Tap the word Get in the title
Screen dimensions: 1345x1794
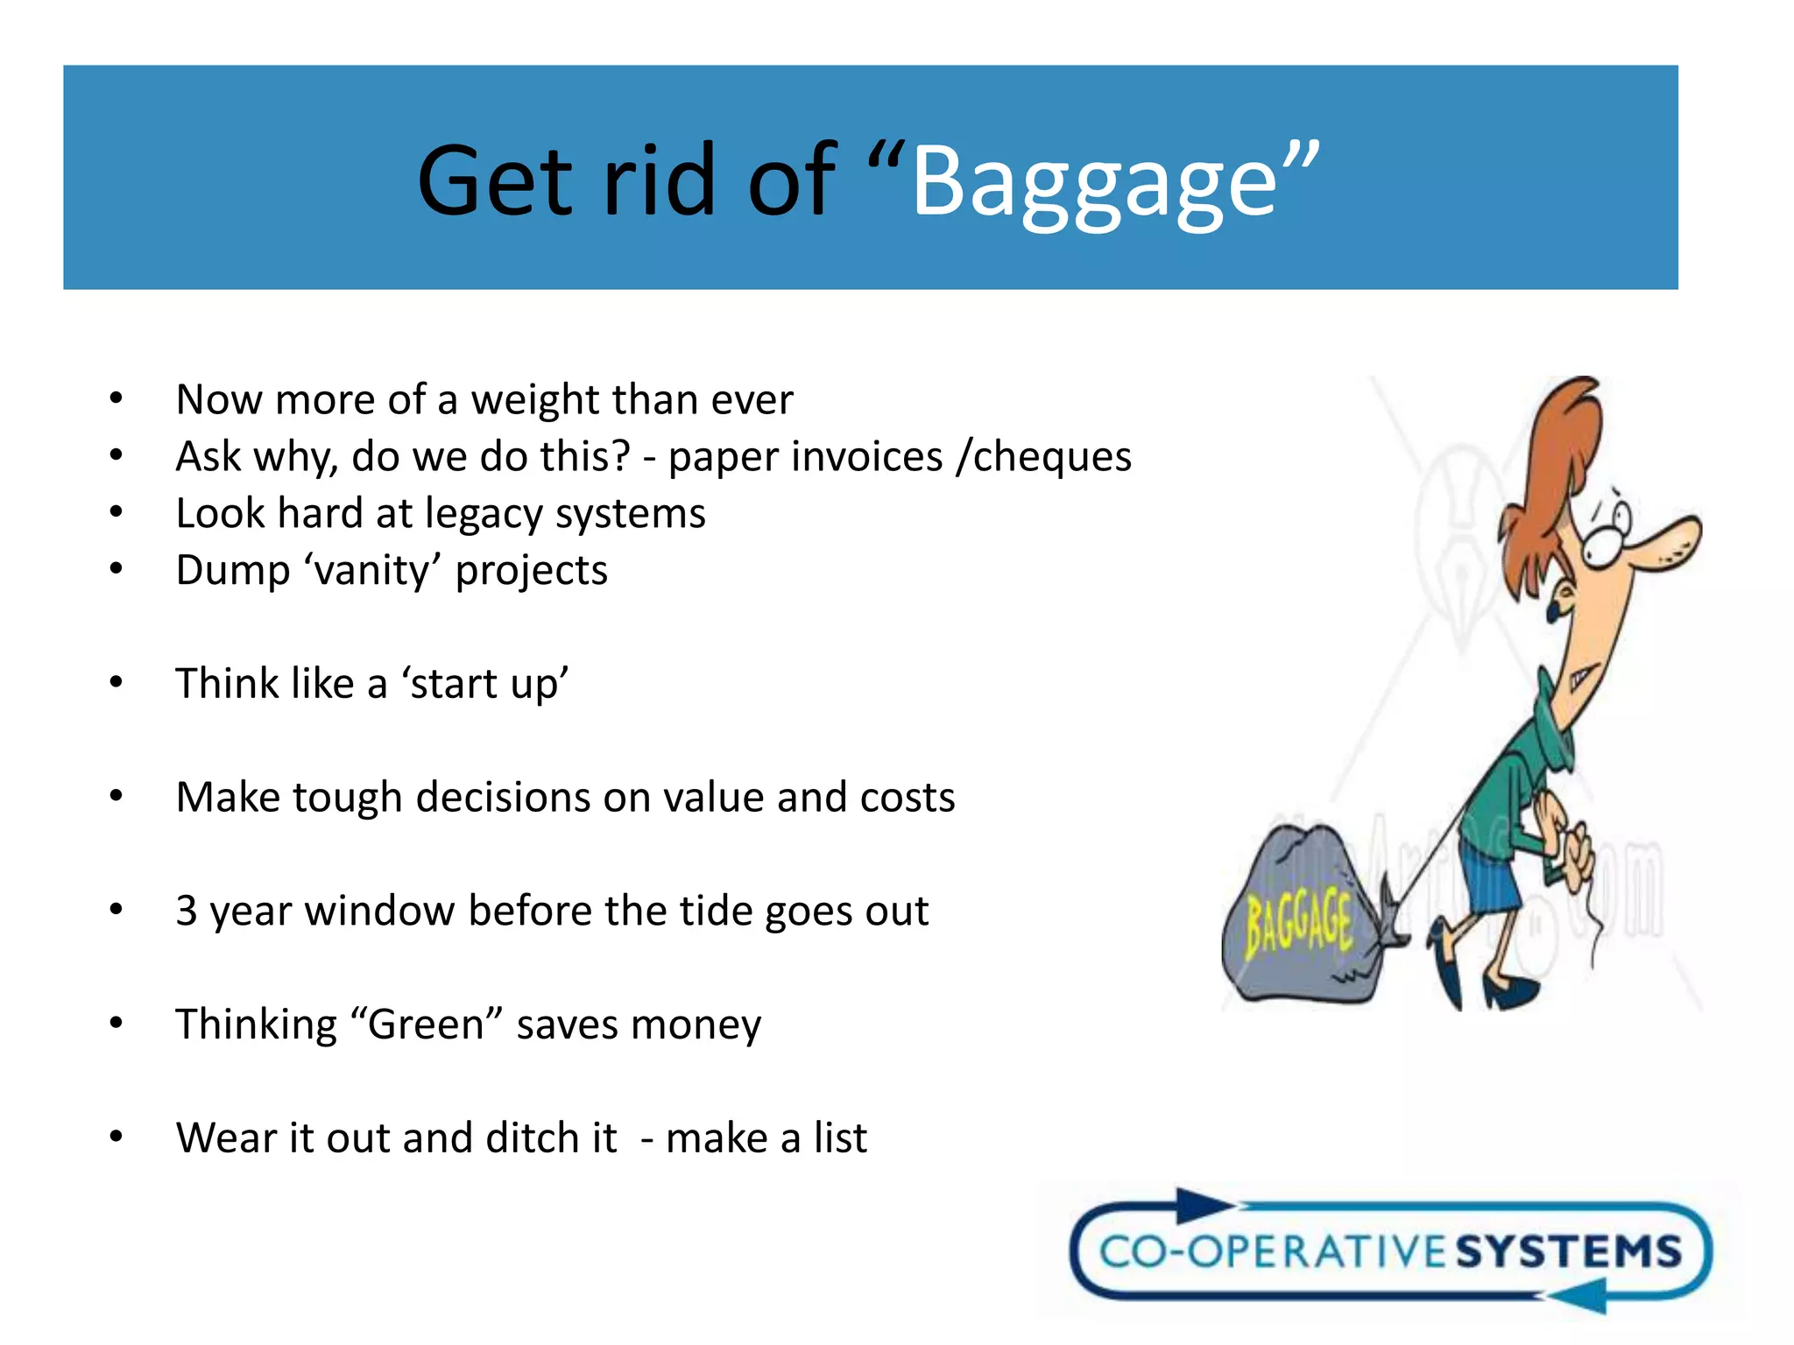(x=495, y=182)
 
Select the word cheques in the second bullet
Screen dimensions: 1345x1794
(x=1052, y=457)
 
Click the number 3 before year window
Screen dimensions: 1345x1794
(x=186, y=911)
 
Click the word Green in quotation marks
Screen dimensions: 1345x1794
(x=426, y=1025)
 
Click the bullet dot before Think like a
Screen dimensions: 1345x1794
(x=117, y=683)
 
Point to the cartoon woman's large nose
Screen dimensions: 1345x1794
(x=1664, y=543)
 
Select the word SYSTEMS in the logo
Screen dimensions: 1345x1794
(x=1568, y=1251)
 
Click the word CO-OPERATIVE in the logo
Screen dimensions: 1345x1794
(x=1275, y=1251)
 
